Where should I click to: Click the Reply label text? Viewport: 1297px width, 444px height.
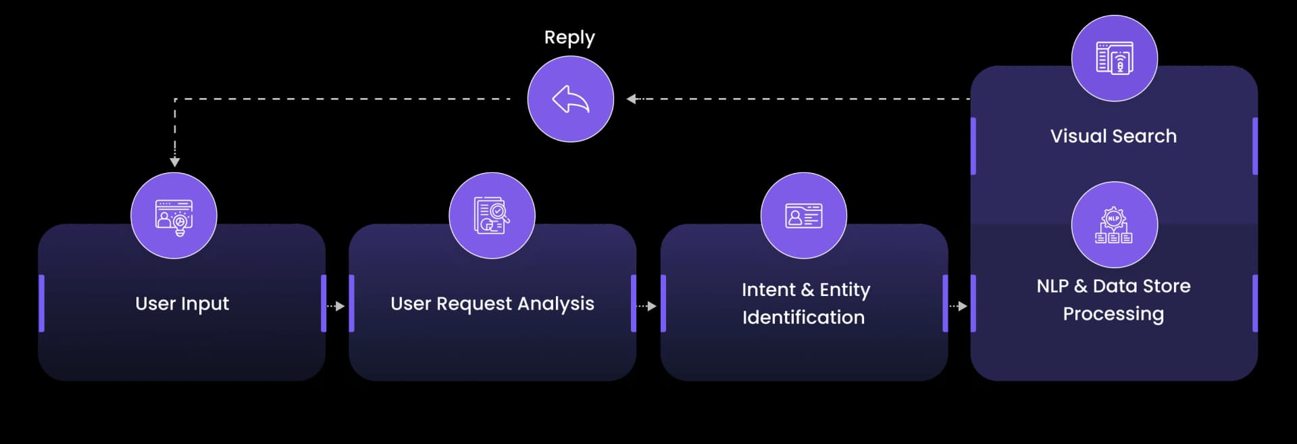[x=569, y=38]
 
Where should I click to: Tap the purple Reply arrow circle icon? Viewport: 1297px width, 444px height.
[x=570, y=99]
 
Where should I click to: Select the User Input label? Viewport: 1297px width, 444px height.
[x=182, y=304]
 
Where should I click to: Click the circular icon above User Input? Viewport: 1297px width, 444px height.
[x=174, y=216]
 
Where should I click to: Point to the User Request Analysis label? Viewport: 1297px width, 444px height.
[x=492, y=304]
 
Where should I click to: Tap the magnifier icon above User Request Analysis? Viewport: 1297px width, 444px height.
[x=492, y=216]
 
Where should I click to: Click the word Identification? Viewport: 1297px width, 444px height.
[x=803, y=318]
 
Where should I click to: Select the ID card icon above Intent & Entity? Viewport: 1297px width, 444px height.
[x=803, y=216]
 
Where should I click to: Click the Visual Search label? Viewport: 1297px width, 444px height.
[x=1113, y=136]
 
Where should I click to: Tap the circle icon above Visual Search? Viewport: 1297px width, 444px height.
[x=1114, y=58]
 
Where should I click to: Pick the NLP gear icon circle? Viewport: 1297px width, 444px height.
[x=1114, y=224]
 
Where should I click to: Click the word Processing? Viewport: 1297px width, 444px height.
[x=1113, y=314]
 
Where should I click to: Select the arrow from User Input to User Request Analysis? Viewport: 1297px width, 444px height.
[x=336, y=306]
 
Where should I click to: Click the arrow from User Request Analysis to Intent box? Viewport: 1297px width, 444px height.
[x=647, y=306]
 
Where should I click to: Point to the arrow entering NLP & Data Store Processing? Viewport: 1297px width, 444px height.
[x=959, y=306]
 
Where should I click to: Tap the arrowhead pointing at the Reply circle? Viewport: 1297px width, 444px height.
[x=631, y=99]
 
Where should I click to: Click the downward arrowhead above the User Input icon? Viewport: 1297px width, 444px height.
[x=175, y=162]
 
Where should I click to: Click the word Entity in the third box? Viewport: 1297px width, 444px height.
[x=845, y=290]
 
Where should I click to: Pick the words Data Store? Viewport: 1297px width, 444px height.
[x=1142, y=286]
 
